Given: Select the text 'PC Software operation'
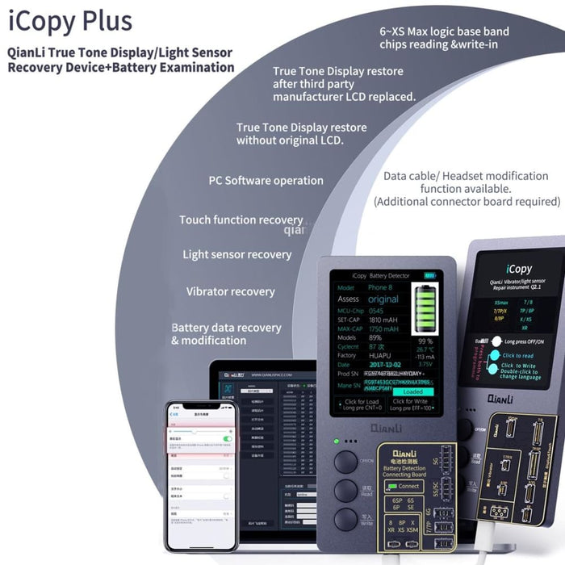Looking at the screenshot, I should [x=266, y=181].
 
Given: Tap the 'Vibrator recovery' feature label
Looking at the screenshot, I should [x=230, y=291].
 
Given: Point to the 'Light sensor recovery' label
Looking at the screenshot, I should [x=236, y=254].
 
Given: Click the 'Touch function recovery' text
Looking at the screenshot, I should [x=241, y=220].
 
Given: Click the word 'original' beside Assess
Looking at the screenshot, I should [x=383, y=299].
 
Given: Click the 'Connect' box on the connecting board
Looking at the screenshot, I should [x=409, y=486].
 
